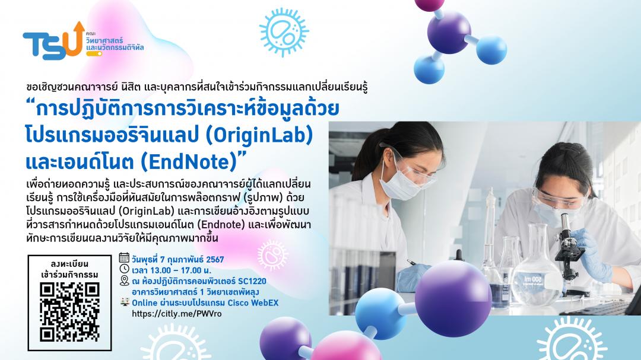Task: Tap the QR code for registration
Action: tap(69, 312)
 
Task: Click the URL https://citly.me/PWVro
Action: tap(177, 314)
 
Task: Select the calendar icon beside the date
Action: tap(124, 257)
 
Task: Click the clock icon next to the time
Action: tap(124, 269)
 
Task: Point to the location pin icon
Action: tap(124, 281)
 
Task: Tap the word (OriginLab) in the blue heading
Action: tap(259, 135)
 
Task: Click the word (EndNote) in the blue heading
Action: tap(189, 162)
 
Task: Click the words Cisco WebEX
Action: tap(253, 303)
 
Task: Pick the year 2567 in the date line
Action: tap(215, 260)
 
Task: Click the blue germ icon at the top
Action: tap(284, 32)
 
